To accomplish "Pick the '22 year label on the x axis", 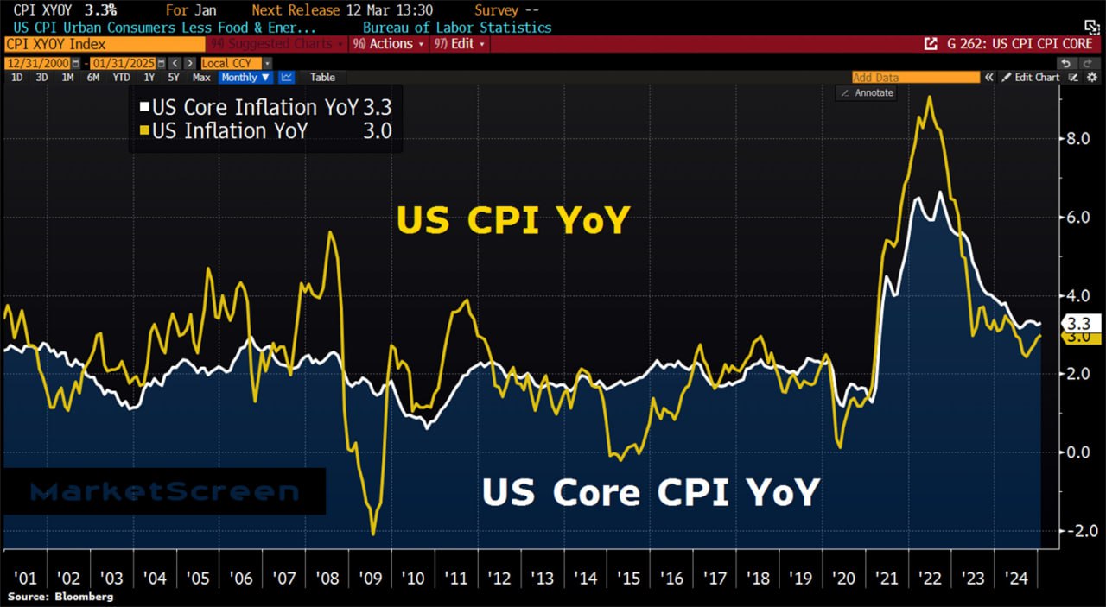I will [x=930, y=578].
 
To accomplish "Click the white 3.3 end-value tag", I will [x=1081, y=324].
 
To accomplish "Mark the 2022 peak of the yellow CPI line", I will [x=929, y=97].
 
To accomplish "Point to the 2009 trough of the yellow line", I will [x=373, y=534].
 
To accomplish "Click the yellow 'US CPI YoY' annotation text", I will [x=513, y=221].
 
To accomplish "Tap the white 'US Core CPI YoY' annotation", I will [x=650, y=492].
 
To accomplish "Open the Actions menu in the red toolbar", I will [x=391, y=44].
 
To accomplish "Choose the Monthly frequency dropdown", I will [x=245, y=78].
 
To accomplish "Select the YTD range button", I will [x=121, y=78].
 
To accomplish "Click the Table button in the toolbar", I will [x=322, y=78].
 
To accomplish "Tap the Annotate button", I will [x=867, y=92].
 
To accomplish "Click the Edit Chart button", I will [x=1030, y=78].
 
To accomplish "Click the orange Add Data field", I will [x=916, y=78].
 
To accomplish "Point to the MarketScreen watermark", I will [x=164, y=492].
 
